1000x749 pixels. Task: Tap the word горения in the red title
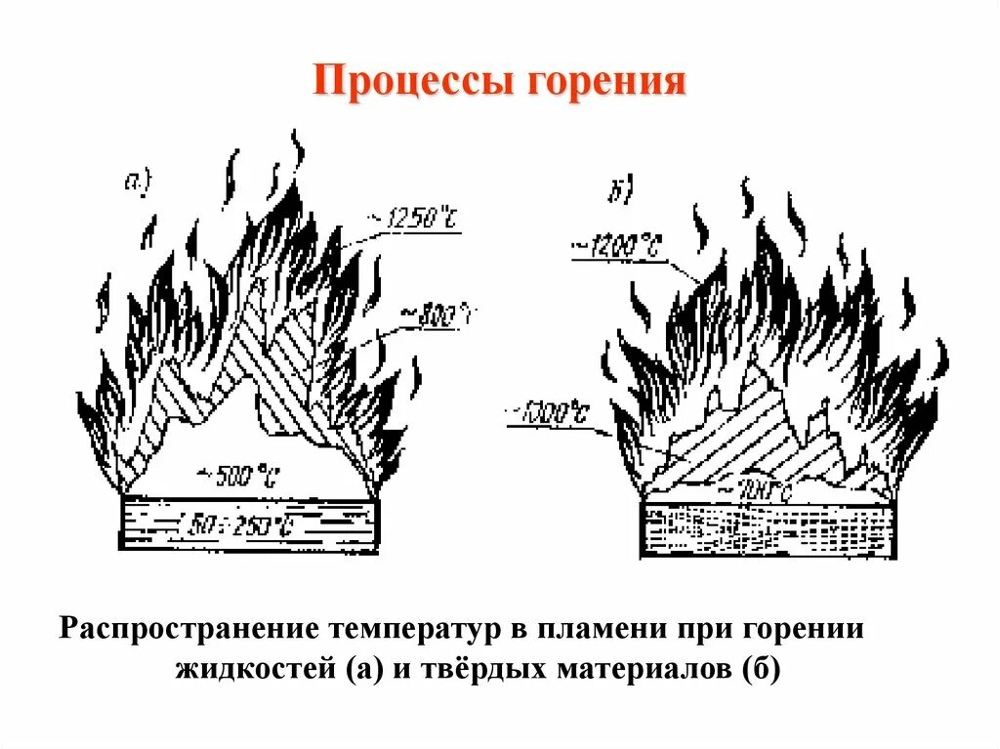point(605,82)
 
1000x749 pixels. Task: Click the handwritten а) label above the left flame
point(137,180)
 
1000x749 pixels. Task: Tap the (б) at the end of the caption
point(762,671)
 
